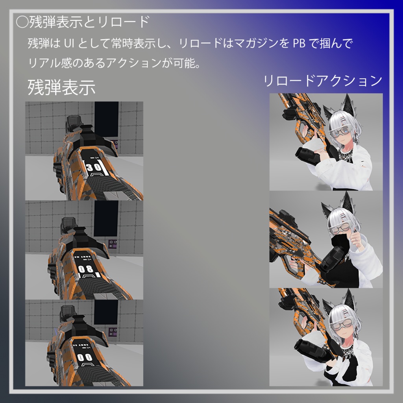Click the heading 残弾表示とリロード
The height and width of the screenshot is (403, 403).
pyautogui.click(x=89, y=22)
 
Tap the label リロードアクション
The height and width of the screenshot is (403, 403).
pyautogui.click(x=322, y=81)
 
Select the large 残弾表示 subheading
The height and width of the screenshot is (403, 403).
pyautogui.click(x=61, y=87)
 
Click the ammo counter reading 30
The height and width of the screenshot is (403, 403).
pyautogui.click(x=94, y=167)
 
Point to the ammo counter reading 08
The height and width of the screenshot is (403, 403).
pyautogui.click(x=85, y=269)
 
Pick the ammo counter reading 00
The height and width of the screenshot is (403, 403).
pyautogui.click(x=84, y=357)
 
